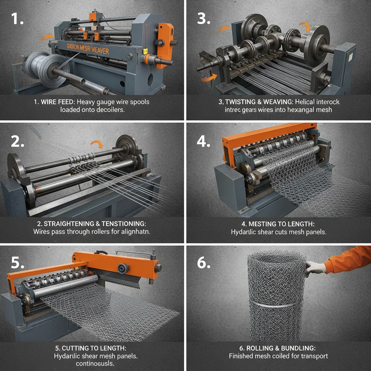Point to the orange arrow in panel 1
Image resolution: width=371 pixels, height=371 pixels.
(46, 37)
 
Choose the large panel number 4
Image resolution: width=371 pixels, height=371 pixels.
(204, 141)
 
